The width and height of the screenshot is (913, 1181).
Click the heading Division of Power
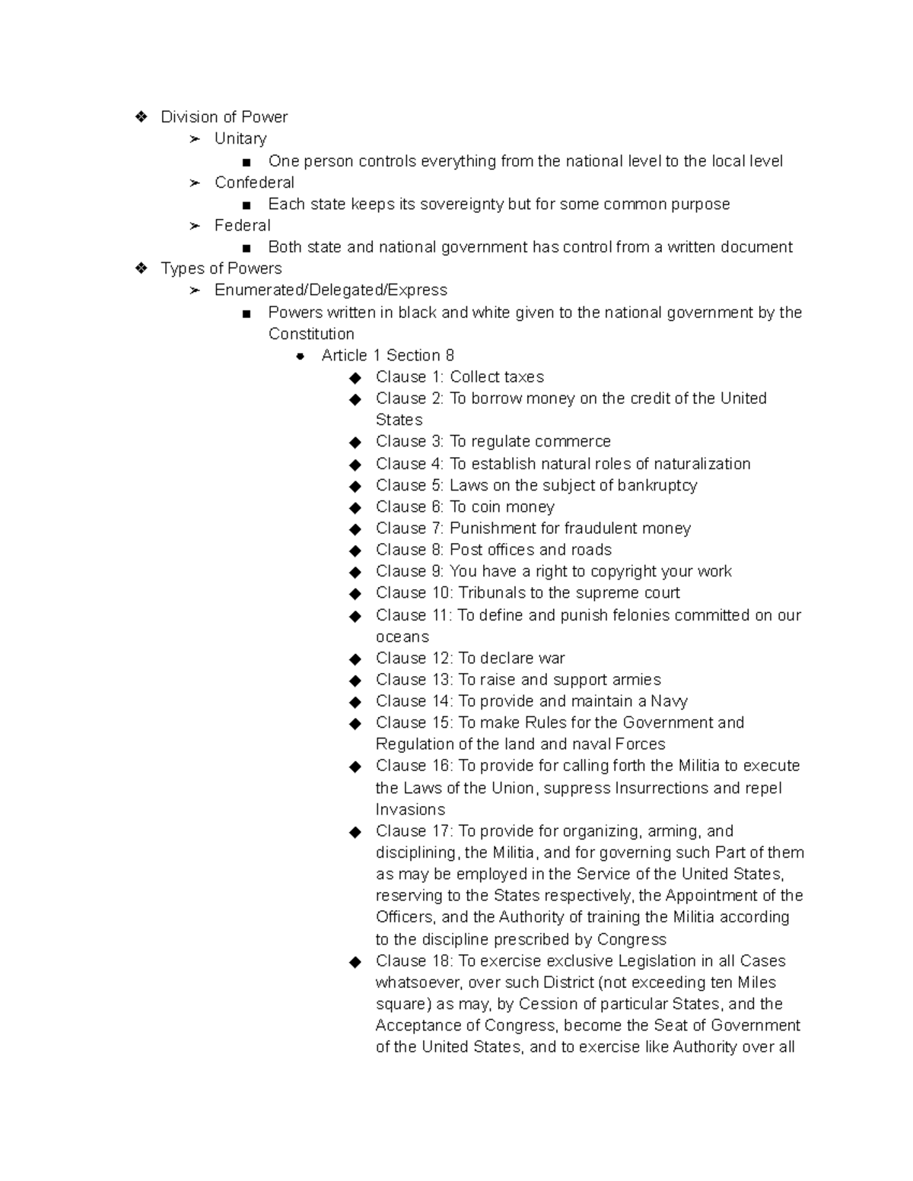pos(224,117)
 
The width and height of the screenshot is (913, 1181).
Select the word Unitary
pos(240,138)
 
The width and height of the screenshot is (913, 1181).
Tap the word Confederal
pos(254,183)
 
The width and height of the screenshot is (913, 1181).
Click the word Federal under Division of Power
pos(242,225)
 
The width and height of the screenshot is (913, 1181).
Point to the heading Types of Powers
pos(221,268)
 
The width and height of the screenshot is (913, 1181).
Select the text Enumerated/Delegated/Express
pos(330,290)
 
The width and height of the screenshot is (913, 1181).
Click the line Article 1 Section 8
pos(387,355)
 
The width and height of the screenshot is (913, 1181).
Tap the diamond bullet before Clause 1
pos(355,378)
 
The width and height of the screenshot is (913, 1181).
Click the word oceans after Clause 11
pos(402,637)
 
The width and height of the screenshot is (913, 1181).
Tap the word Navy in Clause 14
pos(669,701)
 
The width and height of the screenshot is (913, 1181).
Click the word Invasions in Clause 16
pos(410,810)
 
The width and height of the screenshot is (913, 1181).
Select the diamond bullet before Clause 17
pos(355,832)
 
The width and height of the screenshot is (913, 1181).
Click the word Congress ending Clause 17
pos(631,939)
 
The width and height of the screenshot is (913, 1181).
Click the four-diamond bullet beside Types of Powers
pos(141,268)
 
